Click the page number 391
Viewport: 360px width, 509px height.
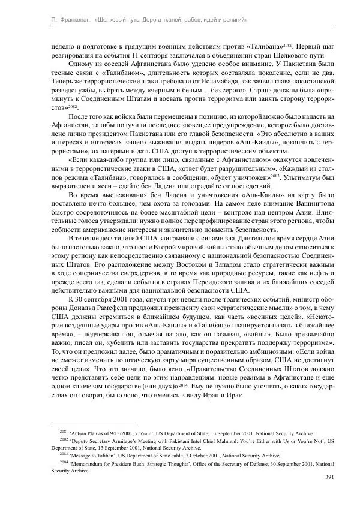(x=329, y=477)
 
